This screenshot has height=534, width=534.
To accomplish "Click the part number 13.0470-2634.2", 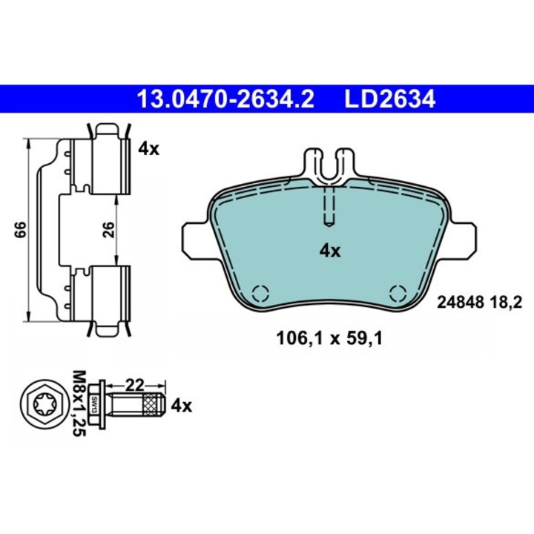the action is tap(225, 99).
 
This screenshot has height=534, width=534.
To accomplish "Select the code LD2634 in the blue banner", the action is tap(390, 99).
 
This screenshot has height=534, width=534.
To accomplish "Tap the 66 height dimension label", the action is tap(21, 229).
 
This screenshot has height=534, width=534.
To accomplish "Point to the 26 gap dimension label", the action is tap(108, 229).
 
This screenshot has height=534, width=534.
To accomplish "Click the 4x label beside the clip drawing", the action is tap(149, 149).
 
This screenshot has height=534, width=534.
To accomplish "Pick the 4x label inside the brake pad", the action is tap(330, 251).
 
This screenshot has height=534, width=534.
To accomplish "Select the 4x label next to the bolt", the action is tap(182, 406).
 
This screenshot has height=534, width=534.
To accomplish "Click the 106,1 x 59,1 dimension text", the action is tap(329, 338).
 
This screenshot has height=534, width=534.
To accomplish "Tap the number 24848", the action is tap(461, 302).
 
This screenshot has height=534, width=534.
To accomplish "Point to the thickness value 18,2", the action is tap(506, 302).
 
